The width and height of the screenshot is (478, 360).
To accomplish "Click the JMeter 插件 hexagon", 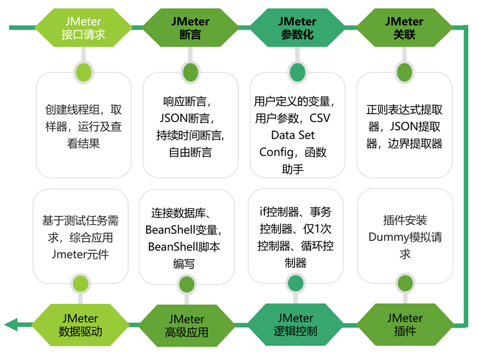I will (404, 323).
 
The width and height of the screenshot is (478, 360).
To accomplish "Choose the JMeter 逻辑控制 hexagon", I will (297, 323).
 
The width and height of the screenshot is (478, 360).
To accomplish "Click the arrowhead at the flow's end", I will (10, 324).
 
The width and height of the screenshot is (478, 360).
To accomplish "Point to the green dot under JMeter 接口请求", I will (83, 71).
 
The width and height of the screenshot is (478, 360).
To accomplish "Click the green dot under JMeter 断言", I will (190, 71).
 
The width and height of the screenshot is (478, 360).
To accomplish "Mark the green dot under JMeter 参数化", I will (297, 71).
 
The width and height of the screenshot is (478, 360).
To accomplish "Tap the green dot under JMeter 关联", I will (404, 71).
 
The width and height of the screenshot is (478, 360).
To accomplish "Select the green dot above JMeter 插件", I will (404, 282).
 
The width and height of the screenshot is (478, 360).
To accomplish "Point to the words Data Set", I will (293, 136).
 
